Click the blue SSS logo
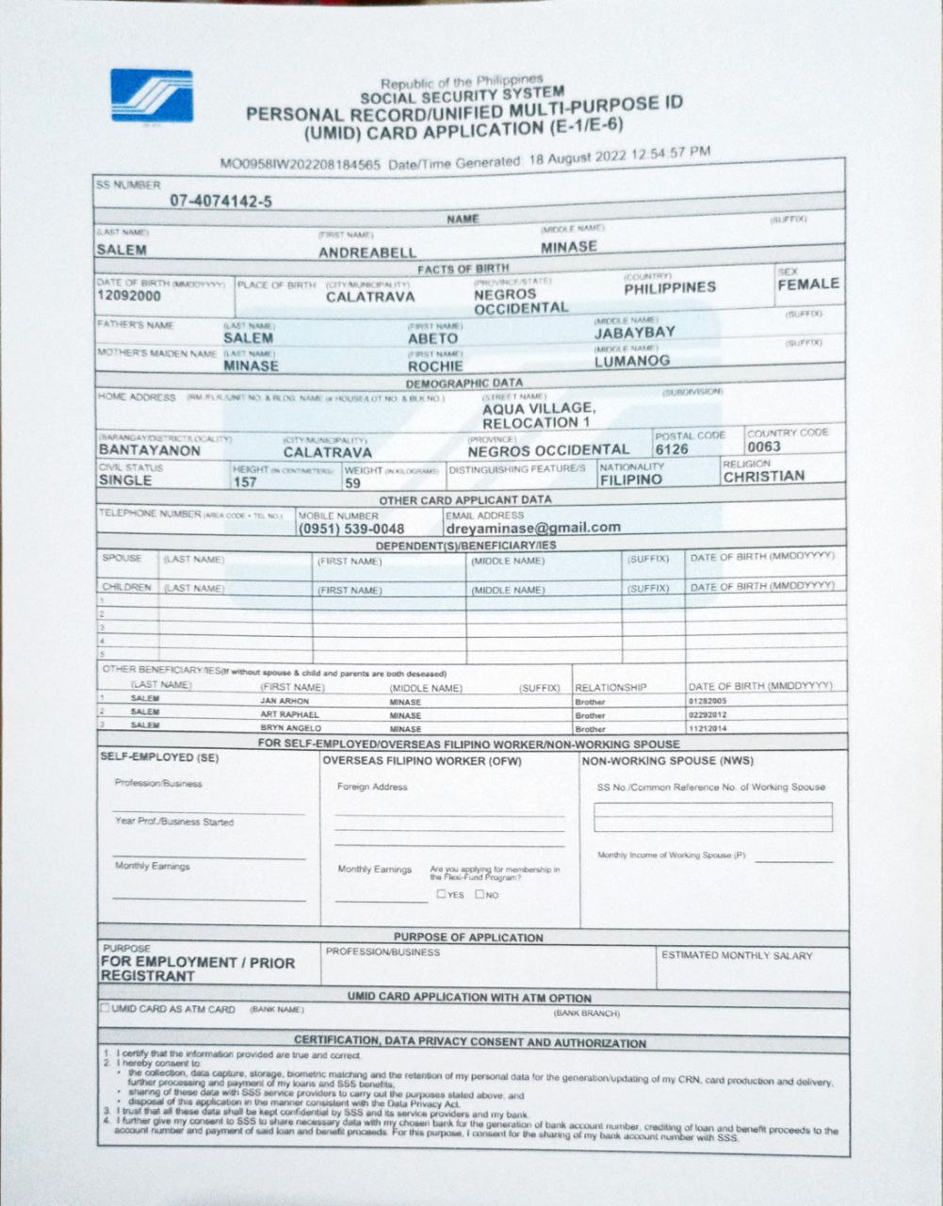pos(152,96)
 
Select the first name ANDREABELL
pos(366,253)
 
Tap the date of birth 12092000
pos(129,297)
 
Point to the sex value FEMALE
pos(807,285)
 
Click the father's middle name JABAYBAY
pos(634,333)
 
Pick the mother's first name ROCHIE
pos(435,366)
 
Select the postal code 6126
pos(673,449)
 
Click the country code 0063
pos(764,447)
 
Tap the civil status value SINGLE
pos(125,481)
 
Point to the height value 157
pos(245,482)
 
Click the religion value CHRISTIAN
pos(764,477)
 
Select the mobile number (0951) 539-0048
pos(351,530)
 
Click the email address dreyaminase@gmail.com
pos(533,528)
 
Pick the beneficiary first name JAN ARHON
pos(284,702)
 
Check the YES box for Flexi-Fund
pos(441,894)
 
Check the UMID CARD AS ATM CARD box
pos(105,1008)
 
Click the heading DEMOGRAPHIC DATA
pos(463,383)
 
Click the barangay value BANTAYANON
pos(149,450)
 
